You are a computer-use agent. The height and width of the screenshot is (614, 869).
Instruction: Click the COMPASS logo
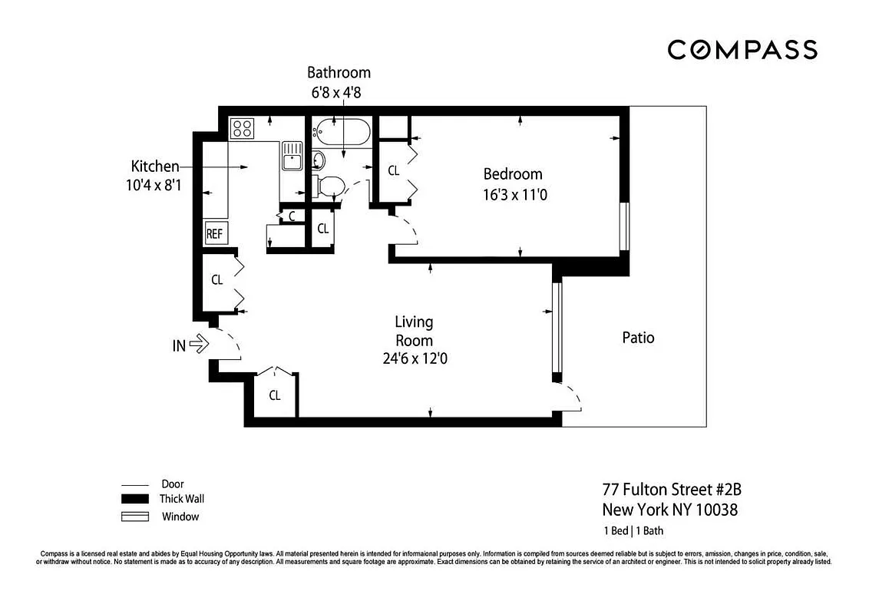[x=742, y=50]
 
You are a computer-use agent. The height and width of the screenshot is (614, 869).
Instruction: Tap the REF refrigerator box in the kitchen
[x=214, y=233]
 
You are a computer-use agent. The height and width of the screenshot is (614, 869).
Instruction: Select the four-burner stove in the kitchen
[x=243, y=127]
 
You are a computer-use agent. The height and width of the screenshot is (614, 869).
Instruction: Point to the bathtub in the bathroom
[x=342, y=134]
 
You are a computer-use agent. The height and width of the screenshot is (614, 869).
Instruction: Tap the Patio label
[x=638, y=338]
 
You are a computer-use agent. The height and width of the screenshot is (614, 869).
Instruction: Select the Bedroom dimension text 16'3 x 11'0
[x=513, y=195]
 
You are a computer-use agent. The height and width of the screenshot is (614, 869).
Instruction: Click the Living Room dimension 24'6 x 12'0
[x=414, y=358]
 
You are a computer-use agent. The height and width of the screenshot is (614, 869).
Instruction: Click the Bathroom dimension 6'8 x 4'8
[x=339, y=92]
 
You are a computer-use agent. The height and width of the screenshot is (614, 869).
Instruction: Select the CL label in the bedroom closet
[x=393, y=170]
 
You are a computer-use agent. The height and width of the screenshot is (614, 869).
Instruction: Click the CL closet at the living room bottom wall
[x=274, y=396]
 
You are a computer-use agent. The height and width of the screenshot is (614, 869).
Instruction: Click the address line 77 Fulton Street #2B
[x=671, y=490]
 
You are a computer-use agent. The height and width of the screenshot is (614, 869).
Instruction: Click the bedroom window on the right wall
[x=625, y=226]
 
